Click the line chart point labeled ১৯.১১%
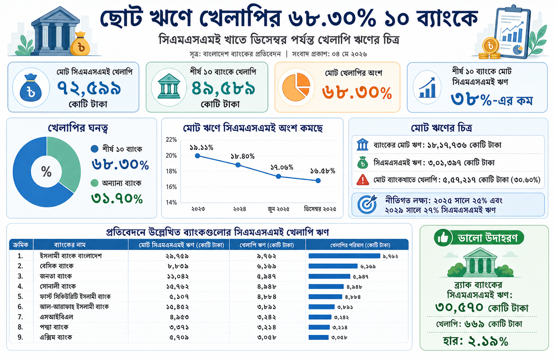197,156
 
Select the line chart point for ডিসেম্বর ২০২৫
318,181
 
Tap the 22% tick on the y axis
171,140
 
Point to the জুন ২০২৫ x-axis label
279,209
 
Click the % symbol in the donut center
46,171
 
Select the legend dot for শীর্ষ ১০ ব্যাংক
95,149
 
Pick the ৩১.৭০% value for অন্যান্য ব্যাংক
117,199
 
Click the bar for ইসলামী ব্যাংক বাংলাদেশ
344,256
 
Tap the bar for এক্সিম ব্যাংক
318,337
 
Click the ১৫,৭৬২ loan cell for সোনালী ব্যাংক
177,287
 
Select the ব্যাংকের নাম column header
69,245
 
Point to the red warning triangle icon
363,180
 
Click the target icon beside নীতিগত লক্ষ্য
367,205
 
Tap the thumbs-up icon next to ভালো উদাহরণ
443,238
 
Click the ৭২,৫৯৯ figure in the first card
89,88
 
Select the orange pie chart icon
296,87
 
